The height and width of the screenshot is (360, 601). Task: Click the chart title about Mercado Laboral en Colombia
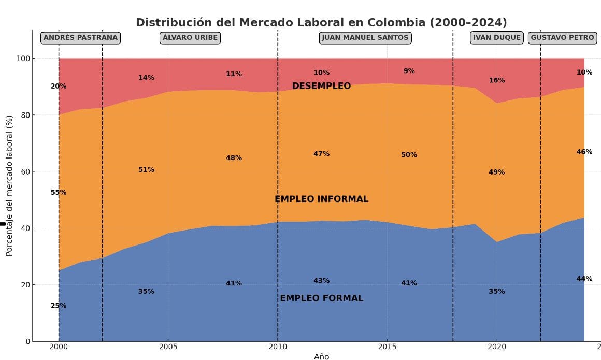tap(321, 23)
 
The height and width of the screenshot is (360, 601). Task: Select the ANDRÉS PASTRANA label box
tap(80, 38)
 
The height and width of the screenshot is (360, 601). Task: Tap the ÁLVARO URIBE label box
tap(190, 38)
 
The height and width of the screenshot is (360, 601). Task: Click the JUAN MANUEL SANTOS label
tap(365, 38)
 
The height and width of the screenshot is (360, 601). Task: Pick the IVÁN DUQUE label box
tap(496, 38)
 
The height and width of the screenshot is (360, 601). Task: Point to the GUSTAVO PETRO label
tap(562, 38)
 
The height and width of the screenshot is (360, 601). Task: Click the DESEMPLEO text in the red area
tap(321, 86)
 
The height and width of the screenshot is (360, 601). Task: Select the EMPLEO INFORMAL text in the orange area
tap(321, 199)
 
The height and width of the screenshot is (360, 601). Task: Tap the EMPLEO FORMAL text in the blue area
tap(321, 298)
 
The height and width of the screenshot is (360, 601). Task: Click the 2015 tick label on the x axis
tap(387, 346)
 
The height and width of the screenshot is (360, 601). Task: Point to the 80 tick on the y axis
tap(24, 115)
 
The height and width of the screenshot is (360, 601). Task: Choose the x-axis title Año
tap(321, 356)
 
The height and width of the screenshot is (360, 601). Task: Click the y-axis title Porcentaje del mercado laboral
tap(9, 185)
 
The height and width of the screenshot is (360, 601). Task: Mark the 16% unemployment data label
tap(496, 80)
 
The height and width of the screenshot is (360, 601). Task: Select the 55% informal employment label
tap(59, 192)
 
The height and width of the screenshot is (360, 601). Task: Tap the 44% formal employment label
tap(584, 279)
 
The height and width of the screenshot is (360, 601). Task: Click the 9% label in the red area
tap(409, 71)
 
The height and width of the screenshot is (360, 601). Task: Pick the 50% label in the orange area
tap(409, 155)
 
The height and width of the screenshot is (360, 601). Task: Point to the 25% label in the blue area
tap(59, 306)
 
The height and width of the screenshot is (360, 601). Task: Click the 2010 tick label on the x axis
tap(278, 346)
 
